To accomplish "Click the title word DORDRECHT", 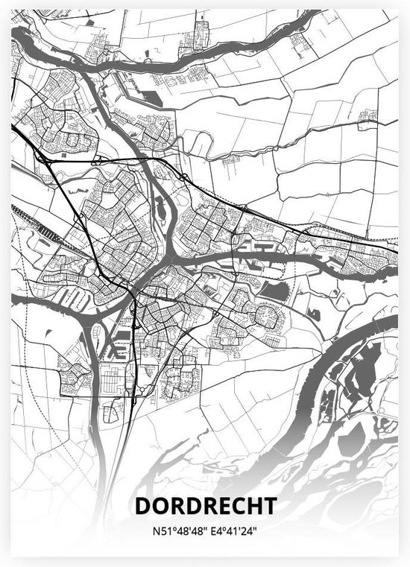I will (205, 506).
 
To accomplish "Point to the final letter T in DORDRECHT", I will (269, 506).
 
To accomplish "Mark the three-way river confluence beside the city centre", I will (170, 257).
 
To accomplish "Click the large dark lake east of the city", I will (274, 291).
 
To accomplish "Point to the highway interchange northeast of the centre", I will (183, 177).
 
